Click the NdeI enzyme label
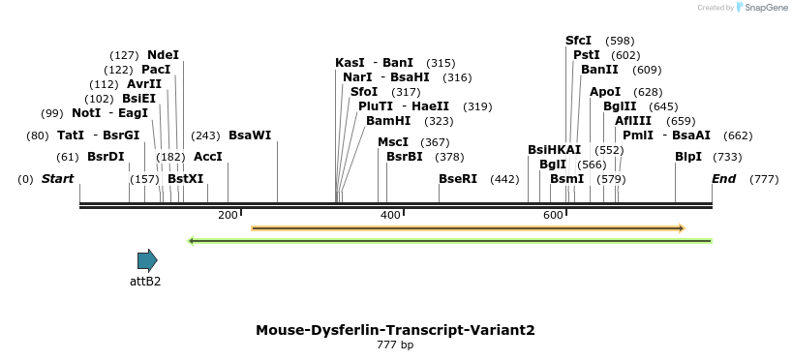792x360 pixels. tap(163, 55)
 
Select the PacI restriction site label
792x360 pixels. tap(155, 70)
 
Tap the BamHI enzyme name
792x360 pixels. tap(388, 121)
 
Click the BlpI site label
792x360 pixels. tap(688, 157)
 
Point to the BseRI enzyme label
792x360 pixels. tap(458, 179)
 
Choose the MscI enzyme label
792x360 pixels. tap(392, 142)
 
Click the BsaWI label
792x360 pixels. tap(250, 135)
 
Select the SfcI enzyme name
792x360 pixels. tap(578, 41)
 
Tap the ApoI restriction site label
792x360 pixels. tap(605, 92)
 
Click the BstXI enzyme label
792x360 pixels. tap(186, 179)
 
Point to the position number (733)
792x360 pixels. tap(727, 157)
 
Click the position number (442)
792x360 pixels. tap(504, 179)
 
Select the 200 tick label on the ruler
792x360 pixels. tap(228, 215)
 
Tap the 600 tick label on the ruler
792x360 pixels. tap(553, 215)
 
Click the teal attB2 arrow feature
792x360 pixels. tap(147, 259)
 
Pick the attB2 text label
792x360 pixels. tap(145, 282)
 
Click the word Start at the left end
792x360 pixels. tap(58, 179)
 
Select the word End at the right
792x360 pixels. tap(723, 179)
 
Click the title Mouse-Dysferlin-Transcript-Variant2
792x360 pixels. tap(395, 330)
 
